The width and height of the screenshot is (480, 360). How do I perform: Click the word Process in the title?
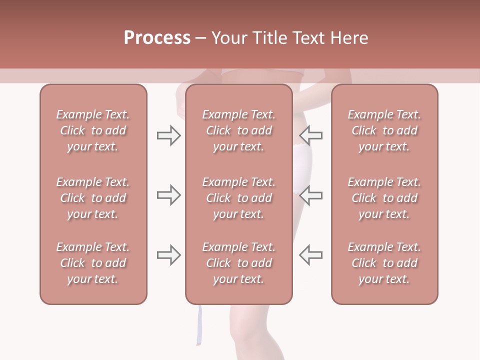click(157, 38)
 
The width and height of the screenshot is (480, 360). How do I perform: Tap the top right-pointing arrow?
click(168, 135)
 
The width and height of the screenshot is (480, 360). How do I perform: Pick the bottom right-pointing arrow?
click(168, 254)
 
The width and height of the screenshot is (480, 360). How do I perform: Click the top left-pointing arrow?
click(310, 135)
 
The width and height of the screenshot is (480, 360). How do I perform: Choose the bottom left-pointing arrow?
click(310, 254)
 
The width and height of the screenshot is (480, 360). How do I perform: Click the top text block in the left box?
click(93, 130)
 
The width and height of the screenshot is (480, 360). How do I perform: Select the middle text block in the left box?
click(93, 198)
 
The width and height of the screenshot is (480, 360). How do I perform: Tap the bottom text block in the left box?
click(93, 263)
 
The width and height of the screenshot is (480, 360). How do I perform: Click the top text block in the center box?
click(238, 130)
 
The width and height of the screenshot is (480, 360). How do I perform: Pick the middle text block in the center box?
click(238, 198)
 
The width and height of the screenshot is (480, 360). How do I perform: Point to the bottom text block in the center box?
click(238, 263)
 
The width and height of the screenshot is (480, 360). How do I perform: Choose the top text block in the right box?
click(384, 130)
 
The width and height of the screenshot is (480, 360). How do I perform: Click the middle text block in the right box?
click(384, 198)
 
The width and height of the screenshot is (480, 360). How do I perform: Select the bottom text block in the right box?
click(384, 263)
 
